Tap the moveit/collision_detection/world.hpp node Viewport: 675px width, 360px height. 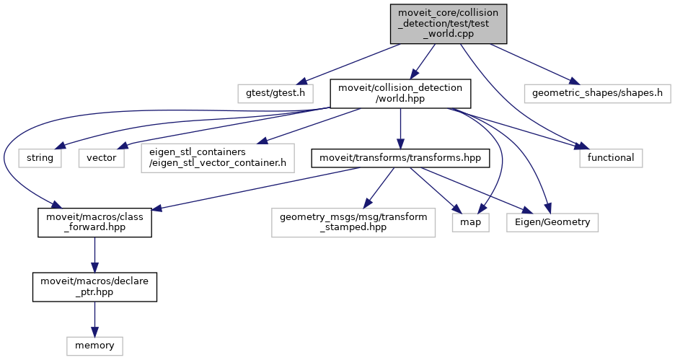point(400,94)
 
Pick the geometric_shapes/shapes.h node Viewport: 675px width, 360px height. point(597,94)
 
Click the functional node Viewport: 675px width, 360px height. point(610,158)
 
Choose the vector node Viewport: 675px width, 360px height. point(102,158)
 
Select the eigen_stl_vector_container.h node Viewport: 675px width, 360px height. point(219,158)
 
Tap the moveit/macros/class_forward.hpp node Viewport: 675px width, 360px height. point(94,221)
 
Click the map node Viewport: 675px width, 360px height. point(471,222)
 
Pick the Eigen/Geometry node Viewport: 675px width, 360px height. point(552,222)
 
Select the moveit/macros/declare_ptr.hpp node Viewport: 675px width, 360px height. point(94,286)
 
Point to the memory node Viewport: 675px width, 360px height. point(94,345)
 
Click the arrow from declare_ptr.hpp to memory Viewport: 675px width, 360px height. point(94,318)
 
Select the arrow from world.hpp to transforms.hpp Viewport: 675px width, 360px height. point(400,127)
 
